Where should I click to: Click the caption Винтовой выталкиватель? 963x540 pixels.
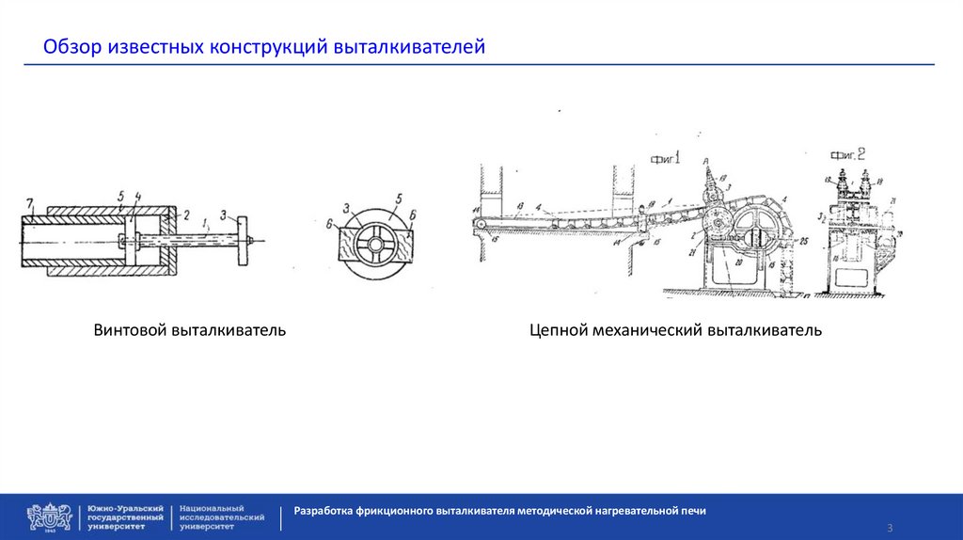tap(189, 330)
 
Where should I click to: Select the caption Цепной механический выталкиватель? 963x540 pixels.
tap(675, 330)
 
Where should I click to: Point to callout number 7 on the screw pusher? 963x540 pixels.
tap(29, 204)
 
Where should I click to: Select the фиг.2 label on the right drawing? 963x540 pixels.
tap(847, 154)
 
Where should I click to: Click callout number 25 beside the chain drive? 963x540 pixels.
tap(804, 241)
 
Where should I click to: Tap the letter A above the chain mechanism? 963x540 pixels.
tap(703, 162)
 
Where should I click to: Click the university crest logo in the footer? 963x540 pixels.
tap(49, 516)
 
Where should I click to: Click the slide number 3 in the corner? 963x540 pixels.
tap(889, 527)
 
